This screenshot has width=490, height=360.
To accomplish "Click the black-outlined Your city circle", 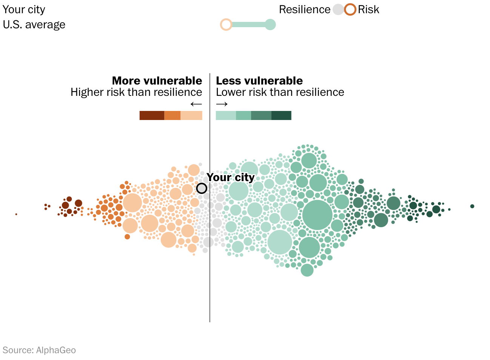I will pos(202,188).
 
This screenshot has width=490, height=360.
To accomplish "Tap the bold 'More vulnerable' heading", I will pos(157,81).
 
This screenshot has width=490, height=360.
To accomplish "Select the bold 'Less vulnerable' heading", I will pos(259,81).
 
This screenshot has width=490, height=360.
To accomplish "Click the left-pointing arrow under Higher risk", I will pos(196,104).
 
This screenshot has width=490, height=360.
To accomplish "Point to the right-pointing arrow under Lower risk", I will pos(222,104).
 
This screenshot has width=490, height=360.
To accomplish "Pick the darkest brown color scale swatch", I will pos(152,115).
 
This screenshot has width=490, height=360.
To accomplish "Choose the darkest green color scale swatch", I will pos(281,115).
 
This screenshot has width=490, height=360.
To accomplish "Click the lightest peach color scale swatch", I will pos(191,115).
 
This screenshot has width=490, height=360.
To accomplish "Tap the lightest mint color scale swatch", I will pos(226,115).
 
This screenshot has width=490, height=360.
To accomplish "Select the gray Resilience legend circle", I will pos(338,9).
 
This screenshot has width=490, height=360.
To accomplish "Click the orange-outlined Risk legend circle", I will pos(350,9).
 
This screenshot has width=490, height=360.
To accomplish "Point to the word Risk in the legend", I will pos(368,9).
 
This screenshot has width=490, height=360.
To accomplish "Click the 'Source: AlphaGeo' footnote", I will pos(39,350).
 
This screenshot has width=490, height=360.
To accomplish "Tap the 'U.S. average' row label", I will pos(34,25).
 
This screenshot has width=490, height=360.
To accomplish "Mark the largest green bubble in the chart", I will pos(317,215).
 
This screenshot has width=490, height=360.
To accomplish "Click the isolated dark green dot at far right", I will pos(472,206).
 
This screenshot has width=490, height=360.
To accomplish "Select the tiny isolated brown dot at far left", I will pos(16,214).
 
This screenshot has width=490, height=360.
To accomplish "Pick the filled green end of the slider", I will pos(270,25).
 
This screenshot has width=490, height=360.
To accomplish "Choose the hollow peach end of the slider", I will pos(226,25).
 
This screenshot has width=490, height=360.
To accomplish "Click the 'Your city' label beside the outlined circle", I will pos(231,177).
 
